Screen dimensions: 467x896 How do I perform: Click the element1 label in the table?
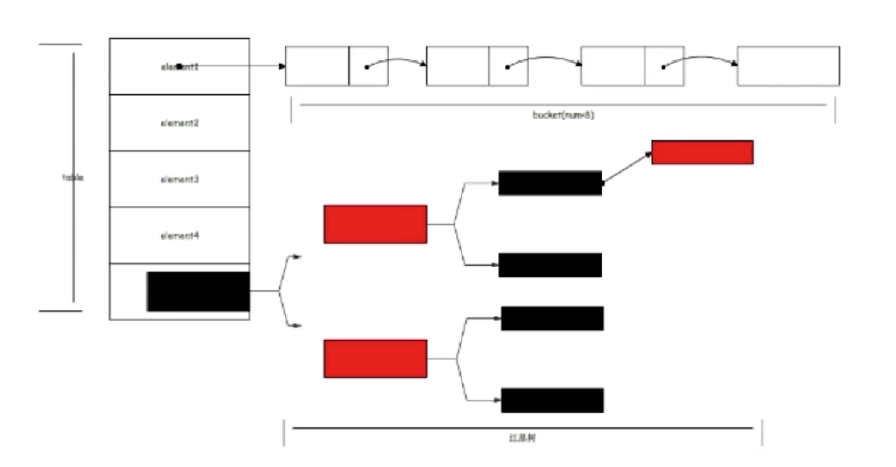pyautogui.click(x=180, y=66)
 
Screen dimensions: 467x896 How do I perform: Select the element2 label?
pyautogui.click(x=180, y=122)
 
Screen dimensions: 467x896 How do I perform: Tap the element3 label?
pyautogui.click(x=180, y=179)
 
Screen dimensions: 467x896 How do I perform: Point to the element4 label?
pyautogui.click(x=180, y=236)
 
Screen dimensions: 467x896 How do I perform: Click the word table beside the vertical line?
pyautogui.click(x=72, y=177)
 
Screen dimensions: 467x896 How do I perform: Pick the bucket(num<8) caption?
pyautogui.click(x=563, y=116)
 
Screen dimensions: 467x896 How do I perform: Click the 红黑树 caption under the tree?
pyautogui.click(x=522, y=439)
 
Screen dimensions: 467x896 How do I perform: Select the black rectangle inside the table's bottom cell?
pyautogui.click(x=198, y=291)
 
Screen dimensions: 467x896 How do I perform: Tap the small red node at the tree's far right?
pyautogui.click(x=702, y=152)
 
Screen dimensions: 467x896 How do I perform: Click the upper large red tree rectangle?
pyautogui.click(x=375, y=224)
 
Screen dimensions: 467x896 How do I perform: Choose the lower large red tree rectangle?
pyautogui.click(x=375, y=359)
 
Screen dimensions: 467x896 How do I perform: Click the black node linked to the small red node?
pyautogui.click(x=550, y=183)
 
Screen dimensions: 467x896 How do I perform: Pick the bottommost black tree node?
pyautogui.click(x=552, y=400)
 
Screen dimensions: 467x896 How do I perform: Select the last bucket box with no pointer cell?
pyautogui.click(x=788, y=66)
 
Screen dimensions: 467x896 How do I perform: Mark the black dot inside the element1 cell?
pyautogui.click(x=179, y=66)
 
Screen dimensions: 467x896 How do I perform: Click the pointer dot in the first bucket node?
pyautogui.click(x=366, y=67)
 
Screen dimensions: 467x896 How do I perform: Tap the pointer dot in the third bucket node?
pyautogui.click(x=663, y=67)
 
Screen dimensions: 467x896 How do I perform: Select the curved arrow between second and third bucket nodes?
pyautogui.click(x=544, y=59)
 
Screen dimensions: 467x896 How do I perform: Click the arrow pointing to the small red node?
pyautogui.click(x=627, y=168)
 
